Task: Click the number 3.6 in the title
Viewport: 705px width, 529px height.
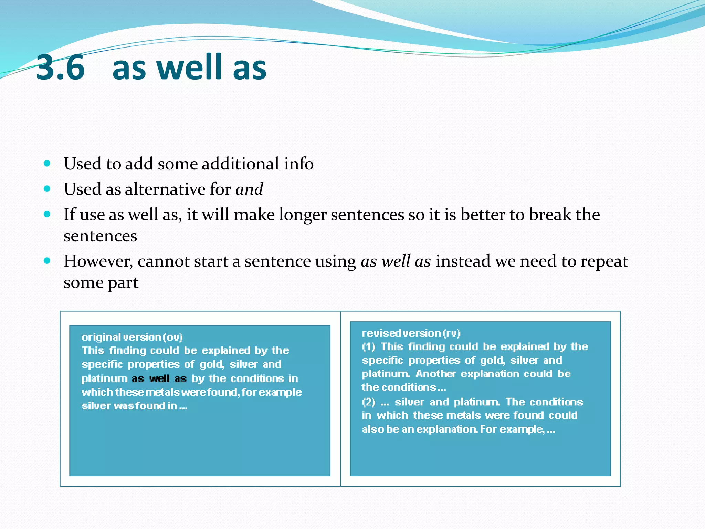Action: (x=61, y=68)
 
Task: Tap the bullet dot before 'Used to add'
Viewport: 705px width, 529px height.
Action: (x=48, y=163)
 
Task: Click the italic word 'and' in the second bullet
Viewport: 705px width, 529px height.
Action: (x=249, y=189)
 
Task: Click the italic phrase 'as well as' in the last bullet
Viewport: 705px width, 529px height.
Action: (x=396, y=261)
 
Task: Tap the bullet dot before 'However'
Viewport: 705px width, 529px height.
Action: (x=48, y=261)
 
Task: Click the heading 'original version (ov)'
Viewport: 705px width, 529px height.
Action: (x=132, y=337)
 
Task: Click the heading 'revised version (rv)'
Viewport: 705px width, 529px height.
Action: (x=411, y=333)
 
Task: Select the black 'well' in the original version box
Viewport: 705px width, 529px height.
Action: (x=159, y=379)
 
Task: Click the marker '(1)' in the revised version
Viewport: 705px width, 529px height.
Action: (x=368, y=347)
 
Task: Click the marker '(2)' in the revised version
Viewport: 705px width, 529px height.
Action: (x=368, y=402)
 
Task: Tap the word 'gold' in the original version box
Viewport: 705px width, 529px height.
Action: (x=211, y=364)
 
